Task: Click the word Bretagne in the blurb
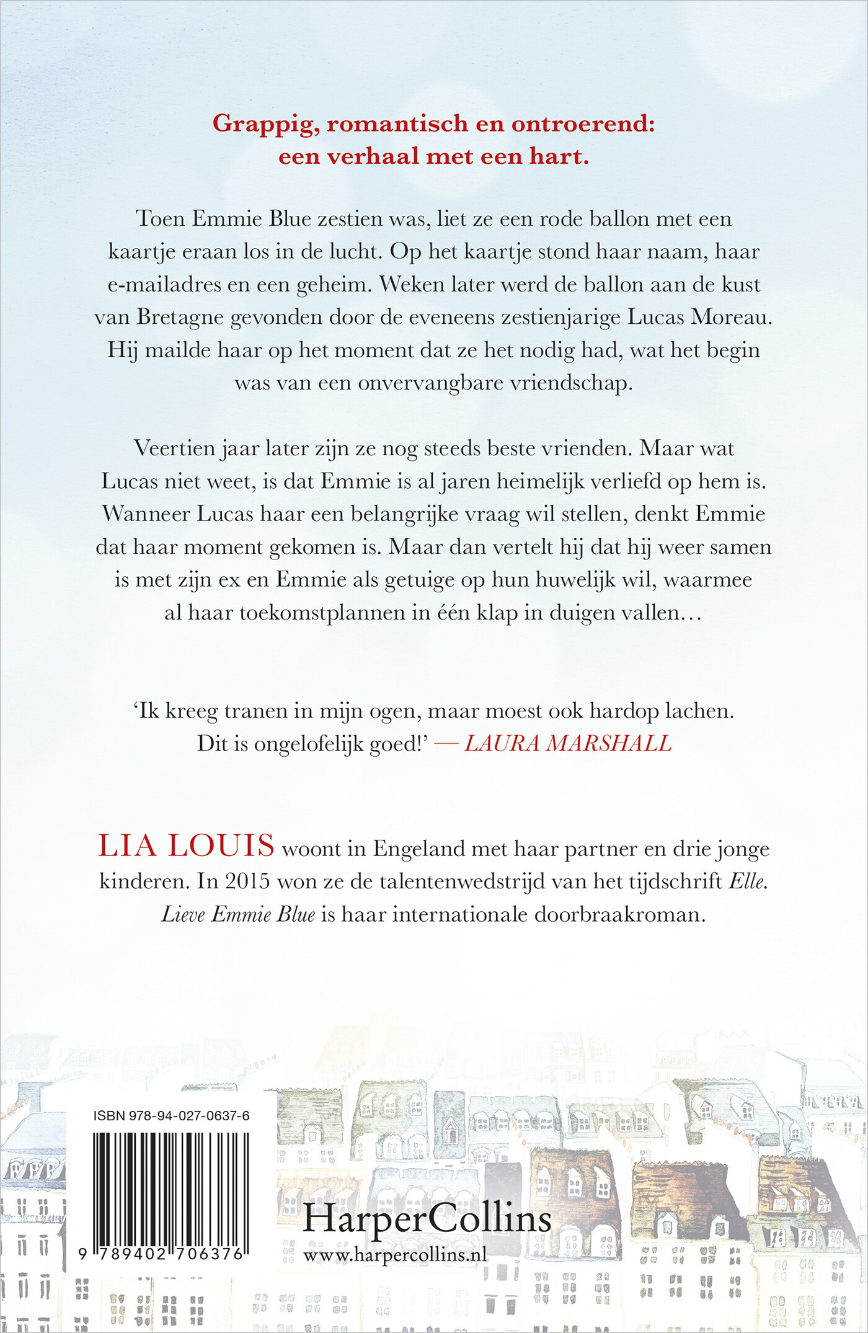[x=180, y=318]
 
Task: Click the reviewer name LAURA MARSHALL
[x=568, y=744]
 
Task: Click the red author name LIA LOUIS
[x=186, y=846]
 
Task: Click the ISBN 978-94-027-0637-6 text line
[x=172, y=1116]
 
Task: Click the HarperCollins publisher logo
[x=427, y=1219]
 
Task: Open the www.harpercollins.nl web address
[x=395, y=1255]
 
